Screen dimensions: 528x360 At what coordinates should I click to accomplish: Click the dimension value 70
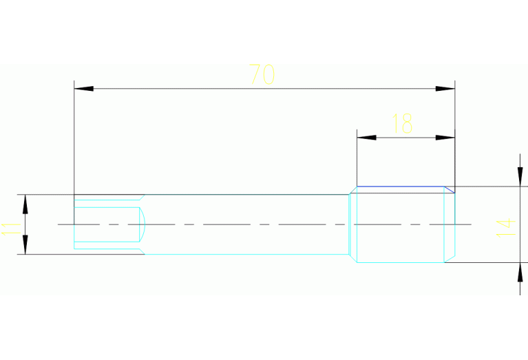(x=262, y=74)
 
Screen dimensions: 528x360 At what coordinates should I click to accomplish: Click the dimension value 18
(x=403, y=123)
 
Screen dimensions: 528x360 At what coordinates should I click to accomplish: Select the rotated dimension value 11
(x=11, y=229)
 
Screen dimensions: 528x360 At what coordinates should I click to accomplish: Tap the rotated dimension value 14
(x=506, y=228)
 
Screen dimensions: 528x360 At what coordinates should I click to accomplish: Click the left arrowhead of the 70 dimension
(x=84, y=89)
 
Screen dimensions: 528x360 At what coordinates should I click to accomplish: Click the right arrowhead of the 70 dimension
(x=445, y=89)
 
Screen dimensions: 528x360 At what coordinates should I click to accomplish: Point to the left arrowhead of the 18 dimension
(x=367, y=138)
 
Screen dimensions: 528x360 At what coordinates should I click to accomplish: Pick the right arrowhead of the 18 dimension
(x=445, y=138)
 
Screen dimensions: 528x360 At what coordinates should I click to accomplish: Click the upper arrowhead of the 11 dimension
(x=25, y=204)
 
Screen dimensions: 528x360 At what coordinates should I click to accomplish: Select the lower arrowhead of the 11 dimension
(x=25, y=244)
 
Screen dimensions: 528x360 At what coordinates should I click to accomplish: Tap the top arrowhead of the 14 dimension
(x=520, y=176)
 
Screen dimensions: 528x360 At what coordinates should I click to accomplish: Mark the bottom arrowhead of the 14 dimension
(x=520, y=272)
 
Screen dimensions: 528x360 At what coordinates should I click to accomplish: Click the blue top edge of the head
(x=401, y=187)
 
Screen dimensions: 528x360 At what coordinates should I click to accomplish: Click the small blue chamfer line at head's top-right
(x=450, y=189)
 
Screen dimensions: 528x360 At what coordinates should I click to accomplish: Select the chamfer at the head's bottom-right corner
(x=450, y=259)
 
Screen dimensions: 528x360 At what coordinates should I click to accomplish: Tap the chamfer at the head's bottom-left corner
(x=353, y=258)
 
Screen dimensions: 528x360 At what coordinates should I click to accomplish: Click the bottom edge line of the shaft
(x=246, y=254)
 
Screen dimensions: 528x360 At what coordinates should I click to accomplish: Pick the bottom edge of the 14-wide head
(x=401, y=262)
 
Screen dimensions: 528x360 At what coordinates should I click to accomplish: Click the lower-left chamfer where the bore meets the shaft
(x=142, y=251)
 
